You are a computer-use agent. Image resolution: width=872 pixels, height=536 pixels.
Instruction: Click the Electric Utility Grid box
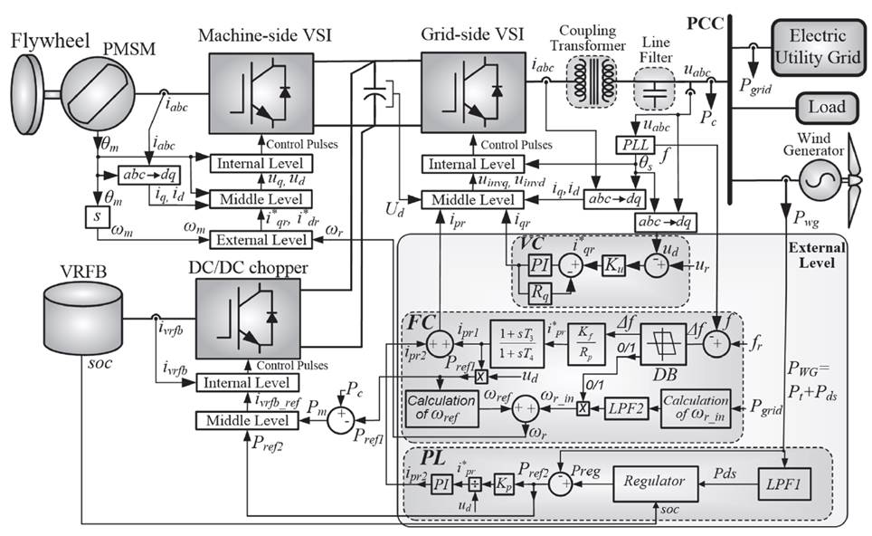click(x=818, y=44)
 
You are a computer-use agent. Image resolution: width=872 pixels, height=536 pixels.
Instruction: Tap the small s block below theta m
click(x=95, y=217)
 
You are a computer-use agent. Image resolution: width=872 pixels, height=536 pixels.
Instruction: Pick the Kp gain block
click(x=502, y=483)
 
